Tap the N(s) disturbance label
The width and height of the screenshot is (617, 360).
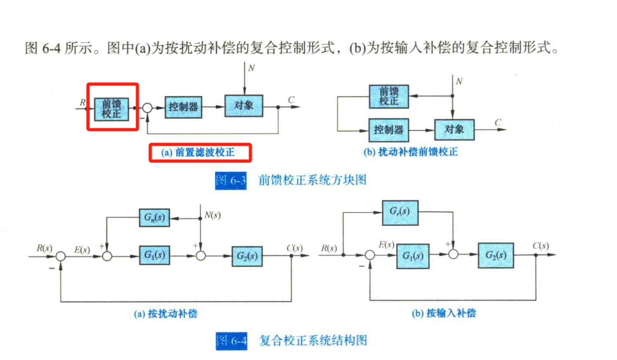coord(213,216)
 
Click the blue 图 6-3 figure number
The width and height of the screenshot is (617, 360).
coord(231,180)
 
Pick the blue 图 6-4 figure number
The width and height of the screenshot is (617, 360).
coord(231,340)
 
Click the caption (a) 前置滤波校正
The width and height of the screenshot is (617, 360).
coord(200,153)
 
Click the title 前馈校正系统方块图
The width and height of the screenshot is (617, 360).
coord(312,180)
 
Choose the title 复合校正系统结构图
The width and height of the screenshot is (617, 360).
coord(313,340)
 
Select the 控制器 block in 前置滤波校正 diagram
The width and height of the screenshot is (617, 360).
coord(182,107)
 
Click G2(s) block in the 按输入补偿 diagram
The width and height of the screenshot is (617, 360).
coord(495,255)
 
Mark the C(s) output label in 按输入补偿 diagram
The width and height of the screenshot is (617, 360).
coord(541,246)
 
